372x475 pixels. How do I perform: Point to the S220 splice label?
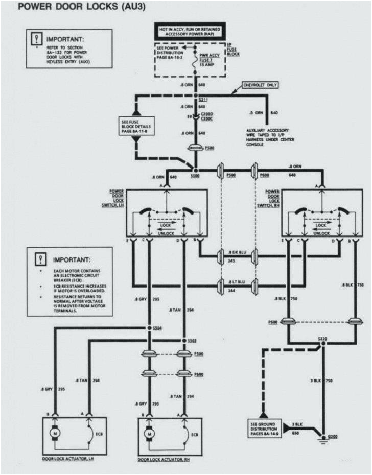[x=322, y=339]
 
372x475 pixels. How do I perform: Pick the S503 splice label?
[x=192, y=340]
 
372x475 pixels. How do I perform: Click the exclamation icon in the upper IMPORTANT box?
[x=36, y=39]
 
